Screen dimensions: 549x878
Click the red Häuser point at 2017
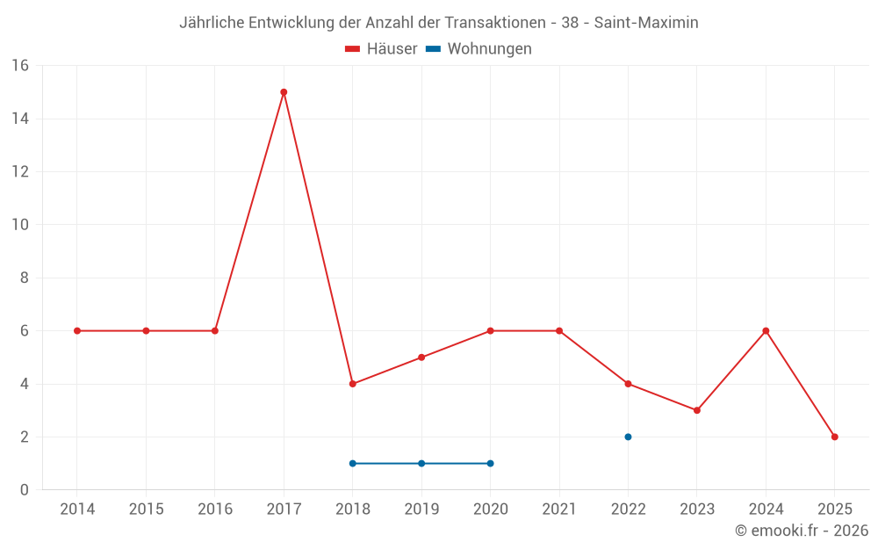tap(284, 92)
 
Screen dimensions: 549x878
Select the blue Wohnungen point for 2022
tap(628, 437)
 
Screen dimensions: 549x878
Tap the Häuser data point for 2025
tap(834, 437)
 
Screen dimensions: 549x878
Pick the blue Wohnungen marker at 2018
tap(352, 463)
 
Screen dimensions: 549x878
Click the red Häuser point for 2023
tap(696, 410)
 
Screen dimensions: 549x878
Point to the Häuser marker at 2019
tap(421, 358)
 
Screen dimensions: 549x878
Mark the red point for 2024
tap(766, 331)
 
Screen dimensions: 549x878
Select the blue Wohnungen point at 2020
tap(490, 463)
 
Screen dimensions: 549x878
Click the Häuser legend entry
tap(381, 49)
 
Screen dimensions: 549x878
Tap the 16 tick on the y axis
tap(20, 66)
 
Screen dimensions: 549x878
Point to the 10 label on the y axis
tap(20, 225)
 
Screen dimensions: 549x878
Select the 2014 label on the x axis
tap(77, 509)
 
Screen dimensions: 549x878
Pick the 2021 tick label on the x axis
tap(559, 509)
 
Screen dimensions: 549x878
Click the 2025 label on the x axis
tap(834, 509)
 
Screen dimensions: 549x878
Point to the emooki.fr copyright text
tap(802, 531)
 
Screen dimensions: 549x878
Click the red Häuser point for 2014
tap(77, 331)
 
